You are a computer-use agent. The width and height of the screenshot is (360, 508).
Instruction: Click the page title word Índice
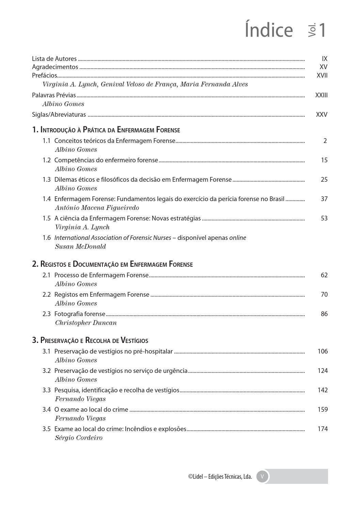coord(268,30)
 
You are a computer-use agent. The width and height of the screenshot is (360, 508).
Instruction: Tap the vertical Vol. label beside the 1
coord(312,30)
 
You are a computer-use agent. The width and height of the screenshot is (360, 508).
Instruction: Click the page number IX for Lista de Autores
coord(324,59)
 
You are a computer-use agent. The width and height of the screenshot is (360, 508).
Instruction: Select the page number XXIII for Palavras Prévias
coord(321,95)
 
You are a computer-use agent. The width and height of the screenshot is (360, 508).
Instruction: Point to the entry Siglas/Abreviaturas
coord(59,115)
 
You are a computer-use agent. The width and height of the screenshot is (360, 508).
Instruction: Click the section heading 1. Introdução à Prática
coord(106,130)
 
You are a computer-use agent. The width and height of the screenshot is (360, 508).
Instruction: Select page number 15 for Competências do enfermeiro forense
coord(324,160)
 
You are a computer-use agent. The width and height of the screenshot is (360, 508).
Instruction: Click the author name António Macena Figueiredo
coord(97,208)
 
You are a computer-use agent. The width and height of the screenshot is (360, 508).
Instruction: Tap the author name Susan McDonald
coord(80,247)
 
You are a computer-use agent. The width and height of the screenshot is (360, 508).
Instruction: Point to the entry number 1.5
coord(47,218)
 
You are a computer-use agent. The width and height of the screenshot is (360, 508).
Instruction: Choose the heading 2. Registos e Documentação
coord(112,264)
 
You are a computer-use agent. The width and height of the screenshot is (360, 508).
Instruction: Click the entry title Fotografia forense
coord(80,314)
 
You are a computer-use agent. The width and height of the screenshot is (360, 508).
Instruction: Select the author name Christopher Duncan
coord(86,323)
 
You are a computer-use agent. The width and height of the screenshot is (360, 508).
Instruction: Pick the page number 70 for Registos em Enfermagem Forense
coord(324,295)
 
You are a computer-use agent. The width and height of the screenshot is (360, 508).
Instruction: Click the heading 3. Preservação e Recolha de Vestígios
coord(90,340)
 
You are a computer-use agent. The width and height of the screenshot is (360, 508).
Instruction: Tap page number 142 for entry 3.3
coord(322,390)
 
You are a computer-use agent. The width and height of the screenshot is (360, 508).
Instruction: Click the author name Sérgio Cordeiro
coord(79,438)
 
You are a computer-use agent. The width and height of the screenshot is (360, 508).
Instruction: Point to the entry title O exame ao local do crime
coord(91,410)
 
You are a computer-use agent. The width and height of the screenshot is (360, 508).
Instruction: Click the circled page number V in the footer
coord(262,476)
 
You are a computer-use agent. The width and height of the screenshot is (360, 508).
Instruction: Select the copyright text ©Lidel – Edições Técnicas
coord(220,477)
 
